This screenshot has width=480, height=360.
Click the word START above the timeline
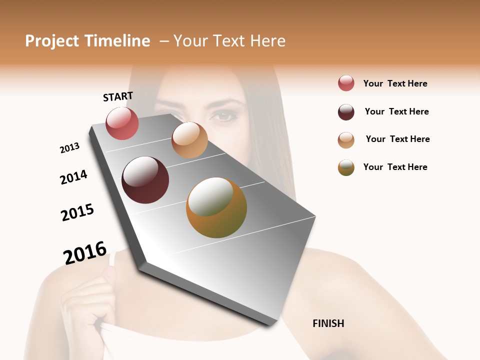[118, 96]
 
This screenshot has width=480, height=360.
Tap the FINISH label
[328, 323]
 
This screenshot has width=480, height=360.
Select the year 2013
[69, 148]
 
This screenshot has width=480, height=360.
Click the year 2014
[73, 177]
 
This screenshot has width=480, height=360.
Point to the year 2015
[77, 212]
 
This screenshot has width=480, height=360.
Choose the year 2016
[85, 253]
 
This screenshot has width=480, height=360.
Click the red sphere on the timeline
[122, 123]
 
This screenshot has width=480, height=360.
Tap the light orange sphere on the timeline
[189, 140]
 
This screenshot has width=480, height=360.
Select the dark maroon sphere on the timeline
[145, 180]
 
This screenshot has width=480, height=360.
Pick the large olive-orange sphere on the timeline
[216, 207]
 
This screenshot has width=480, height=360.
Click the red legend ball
[346, 83]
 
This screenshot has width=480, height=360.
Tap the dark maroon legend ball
[346, 112]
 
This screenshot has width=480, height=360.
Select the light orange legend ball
[346, 139]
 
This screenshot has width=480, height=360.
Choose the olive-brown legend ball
[346, 167]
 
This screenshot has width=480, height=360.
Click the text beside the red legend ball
[395, 83]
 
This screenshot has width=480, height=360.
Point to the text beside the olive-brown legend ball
[395, 167]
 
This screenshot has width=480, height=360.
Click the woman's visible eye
[223, 116]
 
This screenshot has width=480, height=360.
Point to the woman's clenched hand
[90, 300]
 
